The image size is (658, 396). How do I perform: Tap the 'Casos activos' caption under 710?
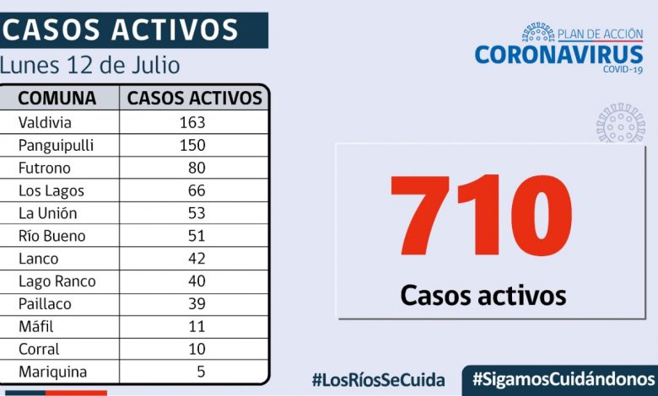483,295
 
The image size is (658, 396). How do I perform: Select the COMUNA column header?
57,99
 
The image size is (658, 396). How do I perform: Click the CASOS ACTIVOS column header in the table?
195,99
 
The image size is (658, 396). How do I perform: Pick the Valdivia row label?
45,122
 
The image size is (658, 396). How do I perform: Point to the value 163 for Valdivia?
192,122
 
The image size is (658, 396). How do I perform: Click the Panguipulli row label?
56,145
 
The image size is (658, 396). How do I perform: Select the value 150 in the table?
192,145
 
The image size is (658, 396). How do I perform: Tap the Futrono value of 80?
197,168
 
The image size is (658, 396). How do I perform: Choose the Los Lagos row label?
51,190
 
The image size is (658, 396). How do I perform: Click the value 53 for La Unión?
197,213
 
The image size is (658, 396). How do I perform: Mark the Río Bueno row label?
52,236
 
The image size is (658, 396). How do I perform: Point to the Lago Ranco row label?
57,281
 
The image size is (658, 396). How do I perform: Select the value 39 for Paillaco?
197,304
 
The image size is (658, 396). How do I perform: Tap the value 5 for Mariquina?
201,372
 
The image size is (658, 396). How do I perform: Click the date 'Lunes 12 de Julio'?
90,65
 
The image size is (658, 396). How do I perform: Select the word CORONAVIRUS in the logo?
558,55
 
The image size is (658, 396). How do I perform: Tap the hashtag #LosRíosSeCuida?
378,379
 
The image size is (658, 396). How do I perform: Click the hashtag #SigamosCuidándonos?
564,377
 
